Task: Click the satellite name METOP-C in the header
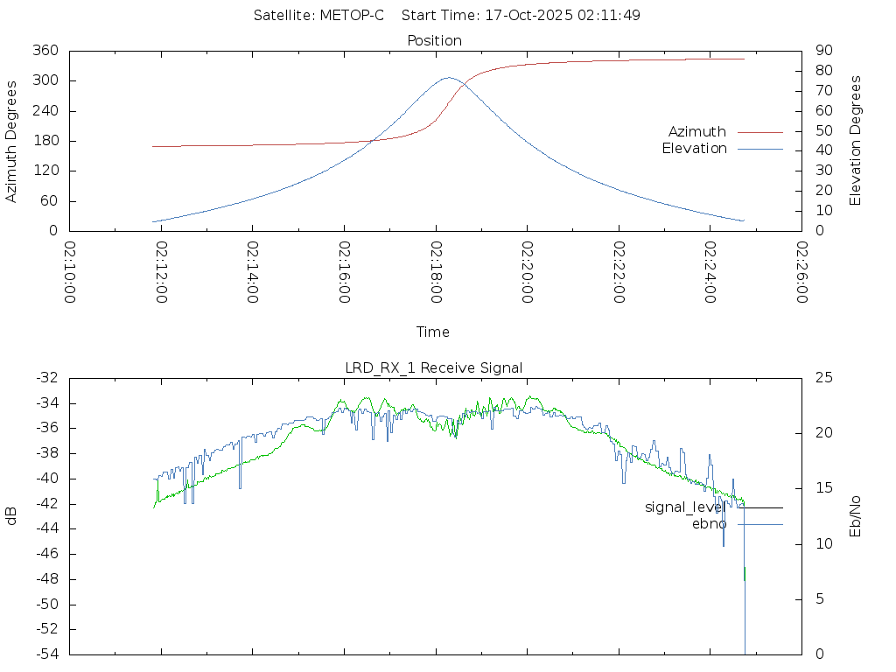pos(350,16)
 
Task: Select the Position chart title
pos(435,40)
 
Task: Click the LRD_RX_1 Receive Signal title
pos(434,367)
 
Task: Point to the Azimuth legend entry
pos(697,131)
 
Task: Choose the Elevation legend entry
pos(694,149)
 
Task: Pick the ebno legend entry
pos(710,524)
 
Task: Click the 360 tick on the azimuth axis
pos(45,51)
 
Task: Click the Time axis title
pos(433,332)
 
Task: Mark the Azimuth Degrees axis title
pos(11,141)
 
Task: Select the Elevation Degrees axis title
pos(856,140)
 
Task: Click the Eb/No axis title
pos(856,515)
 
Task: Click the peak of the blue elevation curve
pos(448,78)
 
